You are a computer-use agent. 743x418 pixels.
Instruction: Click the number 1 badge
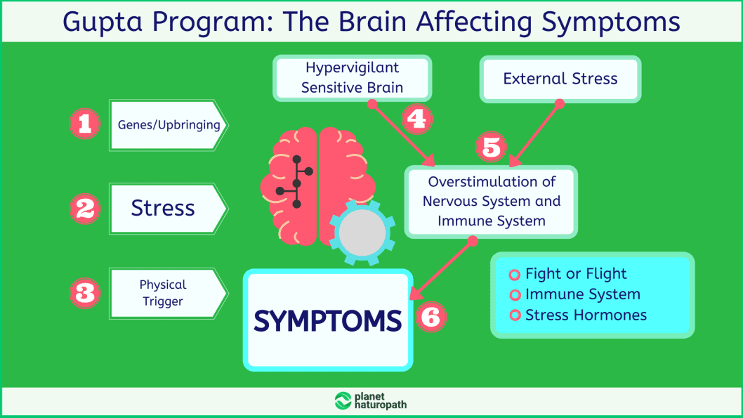click(85, 125)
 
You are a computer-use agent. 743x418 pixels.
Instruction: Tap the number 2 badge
click(85, 209)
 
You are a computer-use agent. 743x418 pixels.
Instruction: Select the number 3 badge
click(85, 292)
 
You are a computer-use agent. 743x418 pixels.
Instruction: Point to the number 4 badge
click(416, 119)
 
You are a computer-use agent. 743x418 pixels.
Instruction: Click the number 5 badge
click(491, 148)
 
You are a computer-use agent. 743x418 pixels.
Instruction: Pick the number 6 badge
click(430, 318)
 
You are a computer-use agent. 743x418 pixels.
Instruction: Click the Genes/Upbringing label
click(169, 125)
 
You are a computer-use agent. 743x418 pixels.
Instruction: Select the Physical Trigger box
click(163, 293)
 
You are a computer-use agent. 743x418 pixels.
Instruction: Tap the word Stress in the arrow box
click(163, 209)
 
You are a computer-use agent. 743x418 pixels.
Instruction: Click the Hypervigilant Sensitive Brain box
click(353, 78)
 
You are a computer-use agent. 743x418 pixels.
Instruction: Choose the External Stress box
click(560, 79)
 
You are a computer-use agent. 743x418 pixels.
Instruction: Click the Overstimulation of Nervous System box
click(491, 201)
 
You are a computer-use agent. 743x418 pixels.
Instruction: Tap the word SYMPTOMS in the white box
click(328, 321)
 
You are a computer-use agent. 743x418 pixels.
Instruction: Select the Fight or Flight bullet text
click(576, 274)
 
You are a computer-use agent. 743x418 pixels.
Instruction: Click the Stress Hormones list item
click(586, 315)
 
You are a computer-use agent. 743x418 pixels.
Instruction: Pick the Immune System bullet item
click(582, 294)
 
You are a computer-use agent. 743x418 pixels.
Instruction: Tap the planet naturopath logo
click(371, 400)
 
